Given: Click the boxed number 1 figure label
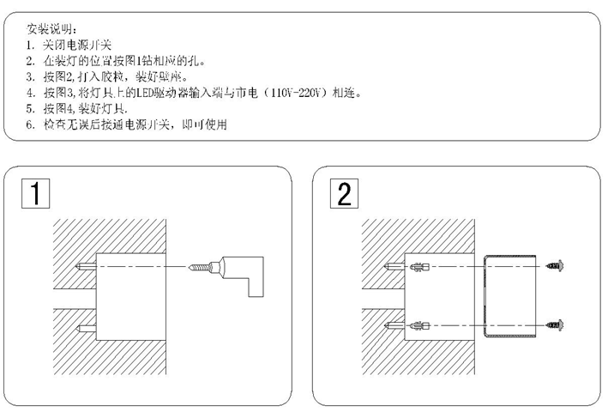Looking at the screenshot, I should coord(33,194).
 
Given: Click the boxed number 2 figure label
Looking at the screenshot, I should coord(342,194).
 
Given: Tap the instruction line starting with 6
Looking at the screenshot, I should coord(129,124).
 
